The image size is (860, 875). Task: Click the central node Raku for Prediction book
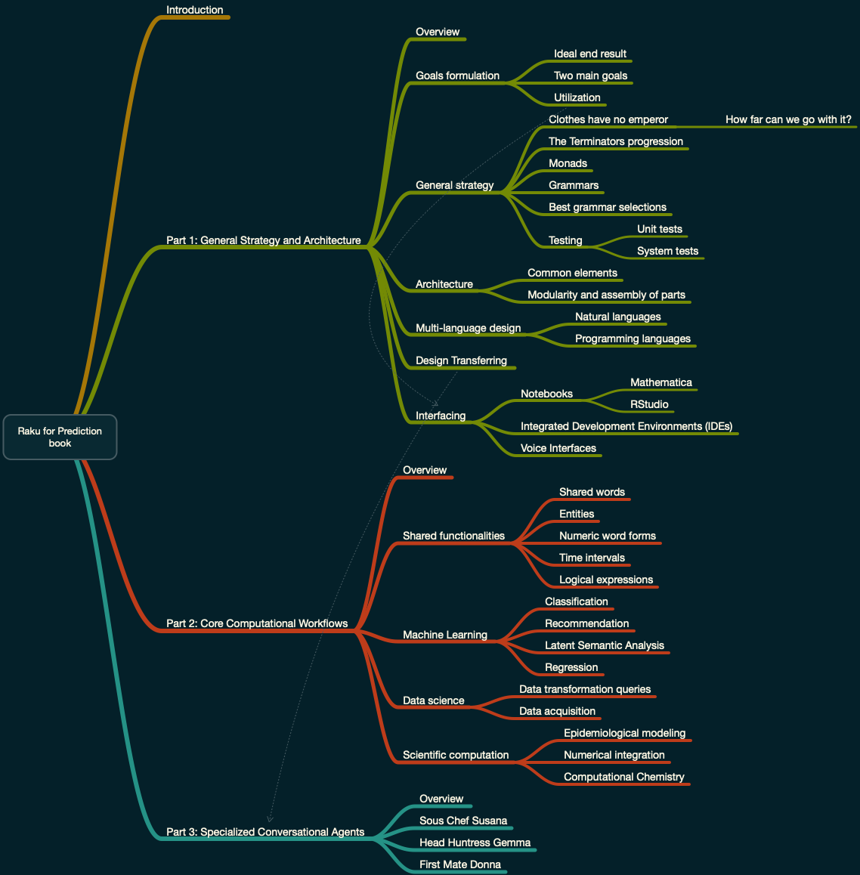point(60,437)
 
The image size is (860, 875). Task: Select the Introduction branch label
point(194,10)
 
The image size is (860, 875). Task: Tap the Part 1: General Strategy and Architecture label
point(263,240)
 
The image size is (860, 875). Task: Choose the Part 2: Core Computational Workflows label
point(257,623)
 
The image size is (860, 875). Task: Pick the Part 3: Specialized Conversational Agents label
point(265,832)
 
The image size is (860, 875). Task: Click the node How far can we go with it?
point(788,119)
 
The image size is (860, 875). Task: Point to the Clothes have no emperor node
point(608,119)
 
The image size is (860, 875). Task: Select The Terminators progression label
point(615,141)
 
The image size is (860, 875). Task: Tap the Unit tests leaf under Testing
point(659,229)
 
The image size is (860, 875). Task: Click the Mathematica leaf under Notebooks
point(660,382)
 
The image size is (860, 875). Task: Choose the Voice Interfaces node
point(558,448)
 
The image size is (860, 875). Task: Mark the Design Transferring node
point(461,360)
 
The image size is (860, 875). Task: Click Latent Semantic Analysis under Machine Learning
point(604,645)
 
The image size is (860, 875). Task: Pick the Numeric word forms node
point(607,536)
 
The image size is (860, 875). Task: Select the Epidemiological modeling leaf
point(624,733)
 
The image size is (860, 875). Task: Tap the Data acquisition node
point(557,711)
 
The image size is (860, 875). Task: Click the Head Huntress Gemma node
point(475,843)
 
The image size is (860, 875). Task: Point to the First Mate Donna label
point(459,864)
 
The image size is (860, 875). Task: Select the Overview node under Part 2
point(425,470)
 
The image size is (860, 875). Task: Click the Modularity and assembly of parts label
point(606,295)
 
